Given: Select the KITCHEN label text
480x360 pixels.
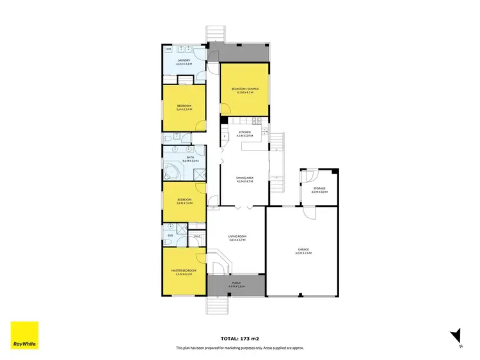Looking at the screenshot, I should [244, 132].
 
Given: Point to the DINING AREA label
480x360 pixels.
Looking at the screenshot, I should [244, 179].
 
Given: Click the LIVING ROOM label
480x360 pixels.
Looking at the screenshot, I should [237, 236].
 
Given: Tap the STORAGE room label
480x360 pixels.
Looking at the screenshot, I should [319, 188].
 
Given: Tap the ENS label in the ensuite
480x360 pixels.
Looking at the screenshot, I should [170, 236].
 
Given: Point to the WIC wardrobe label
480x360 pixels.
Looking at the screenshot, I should [197, 236].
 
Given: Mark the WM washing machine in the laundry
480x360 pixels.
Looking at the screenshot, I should [169, 49].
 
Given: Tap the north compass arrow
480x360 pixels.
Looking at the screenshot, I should [456, 335].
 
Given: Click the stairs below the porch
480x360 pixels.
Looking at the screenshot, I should [217, 306].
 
